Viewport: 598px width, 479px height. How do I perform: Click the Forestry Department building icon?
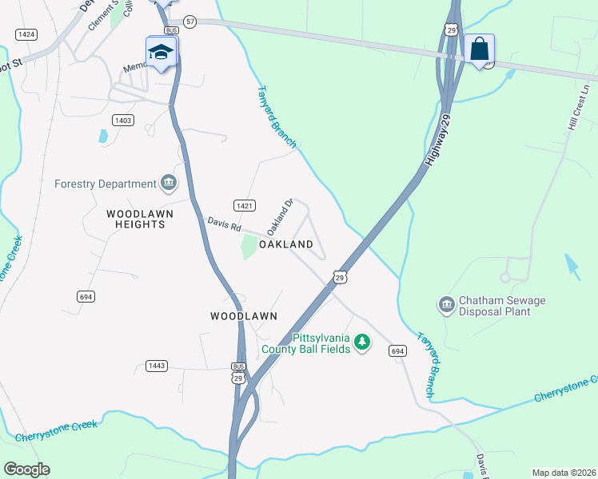(x=169, y=184)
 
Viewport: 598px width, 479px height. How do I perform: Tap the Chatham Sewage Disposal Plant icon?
(x=446, y=305)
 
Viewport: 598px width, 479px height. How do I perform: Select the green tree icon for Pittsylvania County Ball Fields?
(x=362, y=342)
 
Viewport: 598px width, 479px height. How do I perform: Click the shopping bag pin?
(x=479, y=50)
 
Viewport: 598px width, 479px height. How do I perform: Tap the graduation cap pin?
(x=161, y=53)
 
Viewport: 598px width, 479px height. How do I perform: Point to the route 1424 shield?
(x=26, y=34)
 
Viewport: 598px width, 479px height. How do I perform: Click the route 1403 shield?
(x=123, y=120)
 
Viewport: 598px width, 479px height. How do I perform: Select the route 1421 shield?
(x=245, y=205)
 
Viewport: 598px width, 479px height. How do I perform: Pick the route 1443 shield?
(x=157, y=366)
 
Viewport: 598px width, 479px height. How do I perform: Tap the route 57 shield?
(x=189, y=22)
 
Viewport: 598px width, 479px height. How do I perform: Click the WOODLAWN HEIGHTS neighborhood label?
(x=135, y=219)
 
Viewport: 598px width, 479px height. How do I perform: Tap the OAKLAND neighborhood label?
(x=285, y=243)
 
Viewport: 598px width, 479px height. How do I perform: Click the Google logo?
(x=26, y=469)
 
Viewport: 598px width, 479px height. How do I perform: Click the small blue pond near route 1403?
(x=103, y=137)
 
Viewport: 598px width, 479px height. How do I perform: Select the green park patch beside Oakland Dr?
(x=249, y=247)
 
